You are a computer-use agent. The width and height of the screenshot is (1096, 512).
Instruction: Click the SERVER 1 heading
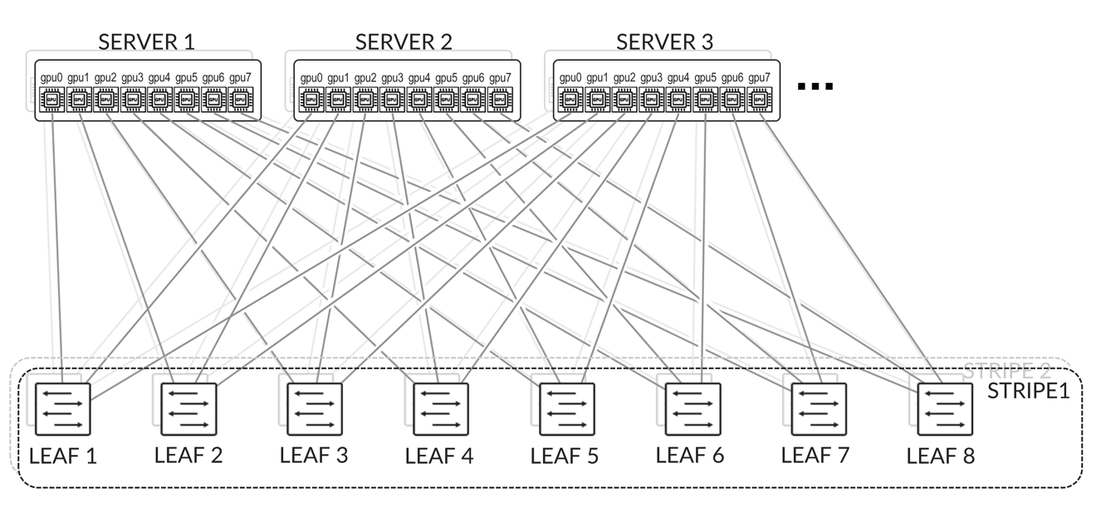147,41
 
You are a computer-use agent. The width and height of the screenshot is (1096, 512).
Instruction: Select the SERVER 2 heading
404,41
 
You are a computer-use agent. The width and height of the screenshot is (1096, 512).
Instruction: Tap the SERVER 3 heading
664,41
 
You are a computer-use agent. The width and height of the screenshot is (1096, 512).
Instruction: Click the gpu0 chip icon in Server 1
52,100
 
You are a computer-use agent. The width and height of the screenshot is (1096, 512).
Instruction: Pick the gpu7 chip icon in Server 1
240,100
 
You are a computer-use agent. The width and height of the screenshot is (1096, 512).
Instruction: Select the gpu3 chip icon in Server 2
392,100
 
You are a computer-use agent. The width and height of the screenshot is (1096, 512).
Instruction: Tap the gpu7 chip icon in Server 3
759,100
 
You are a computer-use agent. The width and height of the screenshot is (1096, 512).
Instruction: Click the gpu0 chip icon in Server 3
570,100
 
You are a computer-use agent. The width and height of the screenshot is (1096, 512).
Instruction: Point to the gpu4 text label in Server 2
419,78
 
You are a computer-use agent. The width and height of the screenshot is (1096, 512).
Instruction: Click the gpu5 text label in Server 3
706,78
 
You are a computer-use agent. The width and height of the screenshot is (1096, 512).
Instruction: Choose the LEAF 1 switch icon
63,408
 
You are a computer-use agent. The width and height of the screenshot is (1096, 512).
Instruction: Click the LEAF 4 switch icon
441,408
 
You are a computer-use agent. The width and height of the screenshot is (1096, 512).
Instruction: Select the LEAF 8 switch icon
944,408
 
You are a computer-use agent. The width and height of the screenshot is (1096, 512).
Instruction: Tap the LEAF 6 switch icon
692,408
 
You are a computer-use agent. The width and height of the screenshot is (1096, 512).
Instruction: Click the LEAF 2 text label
188,455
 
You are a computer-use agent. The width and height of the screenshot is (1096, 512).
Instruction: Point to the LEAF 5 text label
565,456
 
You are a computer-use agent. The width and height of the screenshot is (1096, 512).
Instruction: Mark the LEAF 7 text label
815,455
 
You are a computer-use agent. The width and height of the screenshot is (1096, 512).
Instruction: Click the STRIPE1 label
1028,391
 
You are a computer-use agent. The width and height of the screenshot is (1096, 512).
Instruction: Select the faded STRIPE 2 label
1006,371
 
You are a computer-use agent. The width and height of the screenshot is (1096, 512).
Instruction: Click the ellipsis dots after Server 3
815,86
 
